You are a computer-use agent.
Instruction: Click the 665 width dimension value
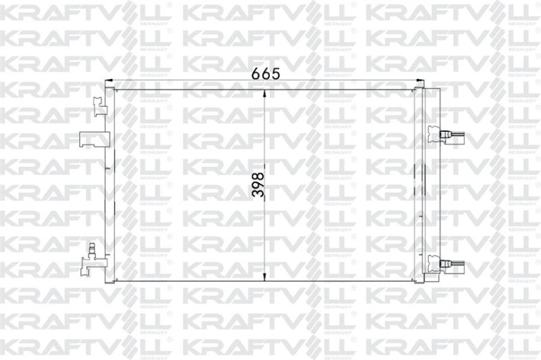pos(265,72)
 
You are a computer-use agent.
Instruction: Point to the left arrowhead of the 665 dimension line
pos(107,80)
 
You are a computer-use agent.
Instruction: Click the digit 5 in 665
pos(275,72)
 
